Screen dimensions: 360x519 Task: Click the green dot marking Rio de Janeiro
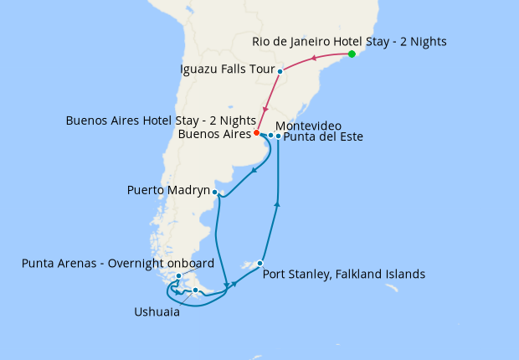352,54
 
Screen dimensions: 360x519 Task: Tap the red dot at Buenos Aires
257,133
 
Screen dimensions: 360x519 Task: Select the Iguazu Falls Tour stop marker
280,72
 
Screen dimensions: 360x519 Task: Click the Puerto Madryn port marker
215,193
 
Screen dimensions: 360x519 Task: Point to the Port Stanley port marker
260,264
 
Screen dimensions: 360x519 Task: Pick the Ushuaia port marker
195,291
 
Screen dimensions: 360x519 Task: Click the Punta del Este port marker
279,136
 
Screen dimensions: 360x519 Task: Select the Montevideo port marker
270,135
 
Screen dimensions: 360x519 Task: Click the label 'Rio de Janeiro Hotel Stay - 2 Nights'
349,41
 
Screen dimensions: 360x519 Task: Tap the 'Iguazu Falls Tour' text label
228,69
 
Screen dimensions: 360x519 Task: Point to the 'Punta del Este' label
323,137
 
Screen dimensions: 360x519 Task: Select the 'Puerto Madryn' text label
168,191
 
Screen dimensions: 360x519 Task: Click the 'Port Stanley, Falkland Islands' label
344,274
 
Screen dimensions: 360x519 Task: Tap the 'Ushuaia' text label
157,311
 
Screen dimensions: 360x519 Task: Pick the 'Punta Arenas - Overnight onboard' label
118,263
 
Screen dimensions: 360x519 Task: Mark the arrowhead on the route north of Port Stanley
277,203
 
